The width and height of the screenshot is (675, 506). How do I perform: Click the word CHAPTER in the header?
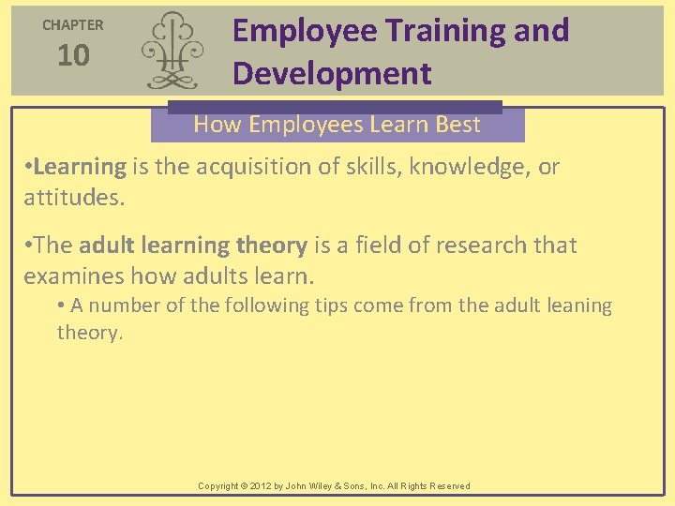coord(73,25)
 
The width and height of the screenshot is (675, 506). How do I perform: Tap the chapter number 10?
coord(73,56)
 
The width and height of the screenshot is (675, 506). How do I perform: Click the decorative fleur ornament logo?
coord(170,52)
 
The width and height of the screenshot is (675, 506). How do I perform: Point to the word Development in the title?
coord(332,73)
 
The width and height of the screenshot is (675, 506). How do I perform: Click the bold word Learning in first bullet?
coord(80,167)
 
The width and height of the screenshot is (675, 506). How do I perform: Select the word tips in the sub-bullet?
coord(345,305)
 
